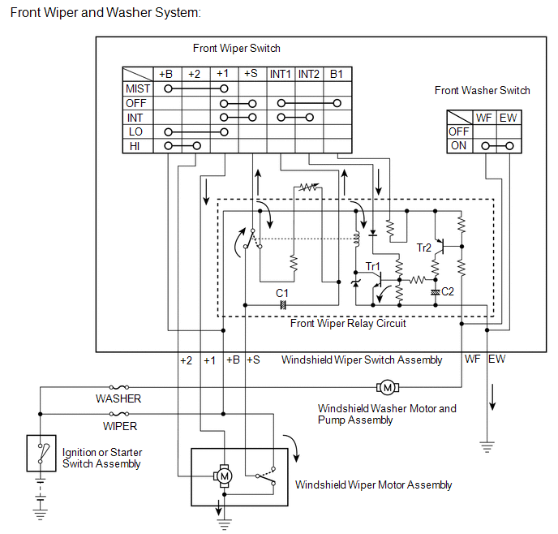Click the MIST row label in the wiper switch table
[x=137, y=88]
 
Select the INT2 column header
[x=308, y=74]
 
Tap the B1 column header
[x=336, y=74]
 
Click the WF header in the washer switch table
[x=484, y=118]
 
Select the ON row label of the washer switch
[x=459, y=146]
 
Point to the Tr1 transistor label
[x=372, y=266]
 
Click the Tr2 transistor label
[x=425, y=248]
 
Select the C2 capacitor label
[x=448, y=291]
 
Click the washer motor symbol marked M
[x=386, y=386]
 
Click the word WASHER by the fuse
[x=118, y=398]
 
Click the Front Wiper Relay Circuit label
[x=348, y=323]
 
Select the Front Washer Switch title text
[x=482, y=91]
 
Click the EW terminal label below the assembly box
[x=497, y=359]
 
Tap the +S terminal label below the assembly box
[x=253, y=360]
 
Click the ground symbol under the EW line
[x=487, y=446]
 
